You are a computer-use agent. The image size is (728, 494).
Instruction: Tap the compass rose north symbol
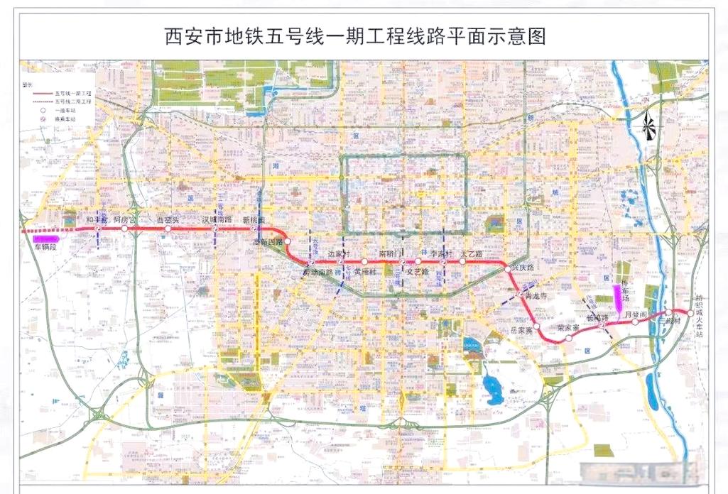648,127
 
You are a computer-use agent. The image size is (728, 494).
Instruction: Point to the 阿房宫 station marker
124,229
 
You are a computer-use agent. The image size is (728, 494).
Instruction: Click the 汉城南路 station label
217,220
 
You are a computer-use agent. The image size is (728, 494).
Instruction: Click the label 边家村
339,253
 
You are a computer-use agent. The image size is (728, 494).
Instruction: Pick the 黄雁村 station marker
364,262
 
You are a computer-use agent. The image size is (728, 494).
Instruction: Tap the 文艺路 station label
416,271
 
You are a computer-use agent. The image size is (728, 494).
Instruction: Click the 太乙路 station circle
462,262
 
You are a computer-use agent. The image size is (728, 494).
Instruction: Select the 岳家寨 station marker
538,328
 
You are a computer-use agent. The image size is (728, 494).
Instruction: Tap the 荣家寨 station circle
568,338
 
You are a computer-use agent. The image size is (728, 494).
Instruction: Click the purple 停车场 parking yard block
616,292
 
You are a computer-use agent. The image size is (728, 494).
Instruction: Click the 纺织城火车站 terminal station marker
690,312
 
